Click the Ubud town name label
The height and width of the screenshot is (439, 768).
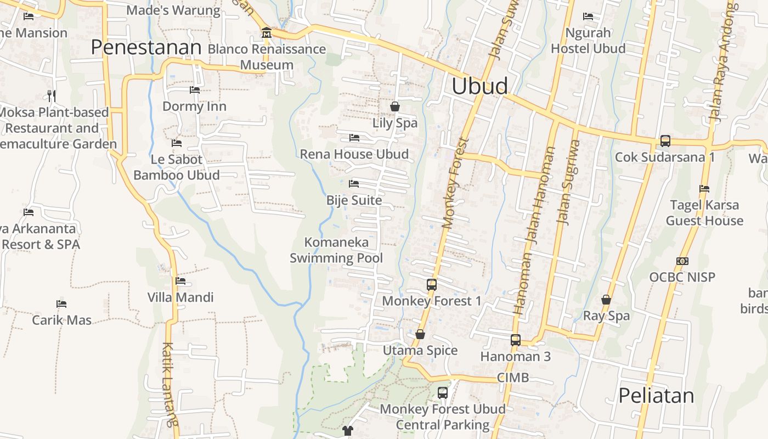point(479,86)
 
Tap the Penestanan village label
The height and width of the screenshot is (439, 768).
point(146,47)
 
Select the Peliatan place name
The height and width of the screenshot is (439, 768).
point(656,395)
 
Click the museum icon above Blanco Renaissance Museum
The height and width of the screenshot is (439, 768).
point(267,33)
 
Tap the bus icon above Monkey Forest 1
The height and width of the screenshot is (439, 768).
point(432,285)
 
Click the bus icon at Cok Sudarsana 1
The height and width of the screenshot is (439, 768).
point(665,141)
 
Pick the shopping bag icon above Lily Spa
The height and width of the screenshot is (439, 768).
point(395,106)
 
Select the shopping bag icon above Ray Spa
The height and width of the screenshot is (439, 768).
point(606,300)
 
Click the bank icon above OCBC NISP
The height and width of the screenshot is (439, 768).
point(682,261)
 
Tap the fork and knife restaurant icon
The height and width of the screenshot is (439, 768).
point(52,96)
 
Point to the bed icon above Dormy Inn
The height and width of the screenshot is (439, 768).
point(195,90)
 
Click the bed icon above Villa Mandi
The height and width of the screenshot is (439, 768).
point(180,282)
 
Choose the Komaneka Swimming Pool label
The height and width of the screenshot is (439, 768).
point(336,250)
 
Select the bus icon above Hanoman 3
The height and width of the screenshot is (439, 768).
point(516,340)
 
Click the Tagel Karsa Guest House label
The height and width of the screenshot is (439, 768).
point(704,213)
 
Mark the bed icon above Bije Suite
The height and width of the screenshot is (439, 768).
point(354,184)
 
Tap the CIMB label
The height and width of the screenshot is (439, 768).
point(513,378)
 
